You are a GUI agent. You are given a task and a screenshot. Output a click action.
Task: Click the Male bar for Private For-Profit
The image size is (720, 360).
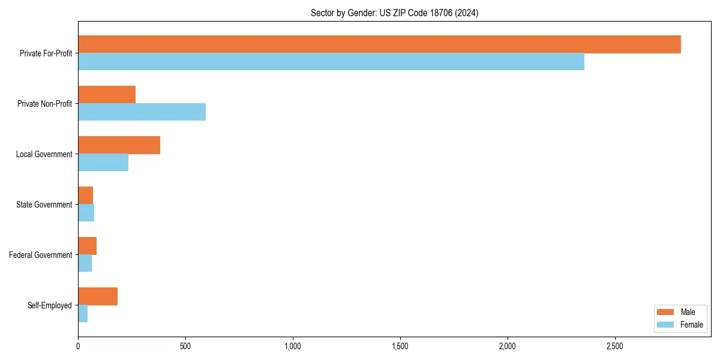(379, 44)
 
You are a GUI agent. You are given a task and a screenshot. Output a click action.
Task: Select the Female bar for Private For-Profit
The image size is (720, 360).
(331, 62)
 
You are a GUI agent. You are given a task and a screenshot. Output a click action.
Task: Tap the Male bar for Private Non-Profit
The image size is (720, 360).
(107, 95)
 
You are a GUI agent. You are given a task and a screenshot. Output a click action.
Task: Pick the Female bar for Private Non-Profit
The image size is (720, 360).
(142, 112)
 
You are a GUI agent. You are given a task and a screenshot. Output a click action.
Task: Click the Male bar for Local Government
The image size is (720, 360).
(119, 145)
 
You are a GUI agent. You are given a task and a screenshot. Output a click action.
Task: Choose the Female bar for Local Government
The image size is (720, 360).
(103, 163)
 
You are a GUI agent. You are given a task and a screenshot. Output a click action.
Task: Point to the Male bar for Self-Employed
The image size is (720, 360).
(98, 296)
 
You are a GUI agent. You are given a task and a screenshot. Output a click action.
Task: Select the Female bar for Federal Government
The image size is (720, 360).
(85, 263)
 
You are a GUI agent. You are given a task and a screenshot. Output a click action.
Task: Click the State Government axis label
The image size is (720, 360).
(44, 205)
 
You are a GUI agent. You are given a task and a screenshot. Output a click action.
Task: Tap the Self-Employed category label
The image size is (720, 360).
(49, 305)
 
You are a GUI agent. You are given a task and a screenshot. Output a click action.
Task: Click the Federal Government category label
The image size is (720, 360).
(41, 255)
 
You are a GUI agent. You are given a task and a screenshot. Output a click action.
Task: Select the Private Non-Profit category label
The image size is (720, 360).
(44, 104)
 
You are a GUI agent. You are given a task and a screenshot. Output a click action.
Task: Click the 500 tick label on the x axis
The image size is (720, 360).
(185, 346)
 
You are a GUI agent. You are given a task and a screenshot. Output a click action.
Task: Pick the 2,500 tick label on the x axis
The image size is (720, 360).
(614, 346)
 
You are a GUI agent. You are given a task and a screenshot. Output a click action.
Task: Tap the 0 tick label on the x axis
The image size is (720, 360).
(78, 346)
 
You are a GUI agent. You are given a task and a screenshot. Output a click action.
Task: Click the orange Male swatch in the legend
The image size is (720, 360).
(666, 312)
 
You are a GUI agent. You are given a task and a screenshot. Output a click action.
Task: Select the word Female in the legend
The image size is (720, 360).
(691, 325)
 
